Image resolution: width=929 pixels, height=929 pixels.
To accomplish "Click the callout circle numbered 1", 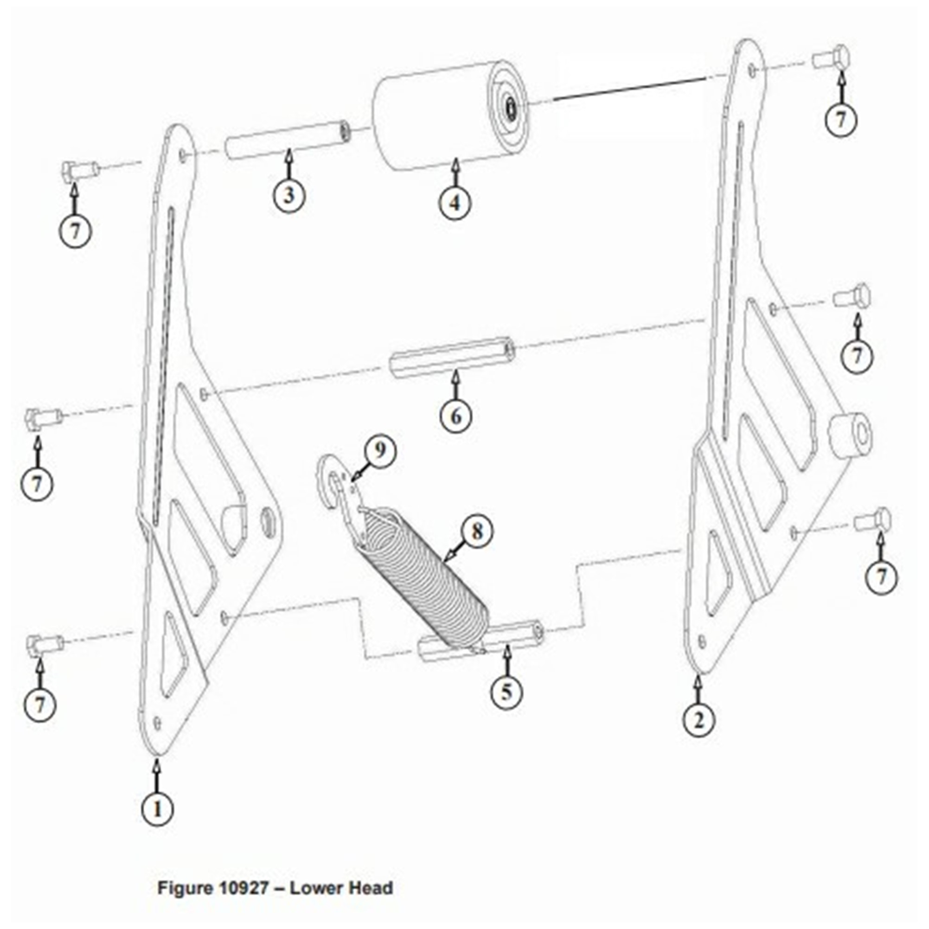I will coord(157,809).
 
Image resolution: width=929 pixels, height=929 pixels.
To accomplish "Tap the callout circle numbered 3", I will coord(288,195).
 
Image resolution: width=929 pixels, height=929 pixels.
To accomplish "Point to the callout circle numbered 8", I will coord(476,532).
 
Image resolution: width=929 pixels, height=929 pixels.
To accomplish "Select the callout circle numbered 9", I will coord(380,450).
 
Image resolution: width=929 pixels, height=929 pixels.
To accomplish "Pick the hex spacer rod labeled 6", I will coord(452,358).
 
